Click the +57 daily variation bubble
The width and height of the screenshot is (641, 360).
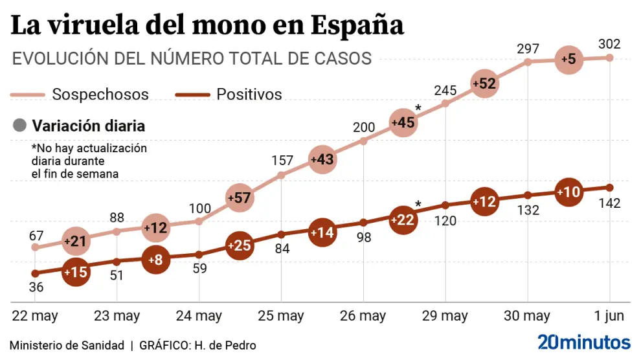[x=240, y=197]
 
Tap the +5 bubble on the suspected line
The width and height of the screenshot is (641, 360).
[x=568, y=59]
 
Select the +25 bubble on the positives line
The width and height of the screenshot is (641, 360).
[x=240, y=245]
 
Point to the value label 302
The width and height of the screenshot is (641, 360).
[x=609, y=44]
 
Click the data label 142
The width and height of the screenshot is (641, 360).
[x=609, y=203]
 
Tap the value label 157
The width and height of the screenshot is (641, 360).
[x=282, y=160]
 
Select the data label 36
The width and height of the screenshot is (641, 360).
[x=36, y=287]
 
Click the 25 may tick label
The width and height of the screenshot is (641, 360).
[x=282, y=316]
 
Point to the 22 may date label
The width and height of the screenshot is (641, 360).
[x=35, y=316]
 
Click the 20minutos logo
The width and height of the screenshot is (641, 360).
[x=583, y=343]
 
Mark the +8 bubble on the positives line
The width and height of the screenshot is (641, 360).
[x=156, y=260]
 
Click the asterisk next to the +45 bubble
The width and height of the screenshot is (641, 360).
[x=418, y=108]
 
